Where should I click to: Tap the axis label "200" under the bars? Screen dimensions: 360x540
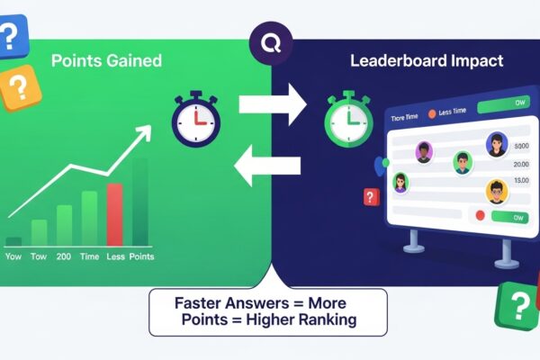tap(64, 256)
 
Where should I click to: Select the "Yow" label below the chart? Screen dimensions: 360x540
tap(13, 256)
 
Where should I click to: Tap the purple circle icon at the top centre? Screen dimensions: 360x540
tap(269, 42)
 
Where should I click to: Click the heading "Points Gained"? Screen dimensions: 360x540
tap(106, 61)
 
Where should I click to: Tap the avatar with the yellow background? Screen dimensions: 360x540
tap(497, 191)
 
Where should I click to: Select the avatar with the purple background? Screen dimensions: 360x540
tap(424, 154)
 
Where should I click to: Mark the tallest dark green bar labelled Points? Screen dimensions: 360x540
tap(139, 202)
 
